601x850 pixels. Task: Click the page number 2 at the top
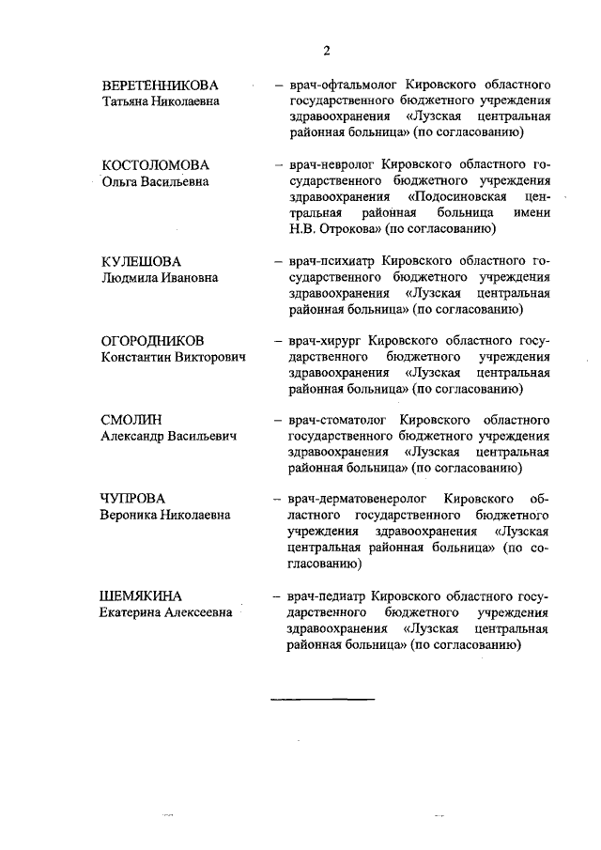326,50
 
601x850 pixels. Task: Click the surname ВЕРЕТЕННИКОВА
165,85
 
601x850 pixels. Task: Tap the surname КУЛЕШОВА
141,261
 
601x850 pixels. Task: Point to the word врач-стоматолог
333,420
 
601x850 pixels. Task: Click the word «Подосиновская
458,196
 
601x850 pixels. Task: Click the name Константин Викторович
179,358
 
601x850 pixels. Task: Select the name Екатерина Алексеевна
167,613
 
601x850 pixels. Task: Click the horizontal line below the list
322,700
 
